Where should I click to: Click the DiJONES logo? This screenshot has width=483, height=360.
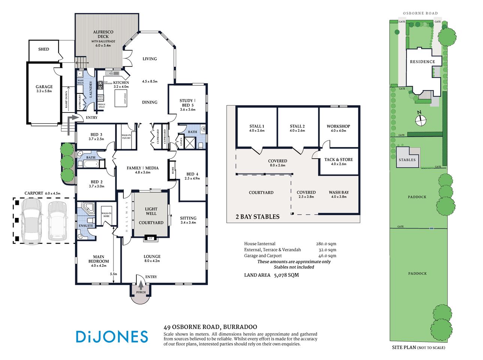click(x=112, y=336)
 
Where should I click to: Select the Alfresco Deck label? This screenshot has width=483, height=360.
click(x=103, y=34)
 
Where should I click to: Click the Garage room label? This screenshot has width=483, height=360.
click(x=44, y=87)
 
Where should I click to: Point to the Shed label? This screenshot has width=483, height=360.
click(x=43, y=49)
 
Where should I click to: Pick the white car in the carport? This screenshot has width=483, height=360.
click(x=57, y=221)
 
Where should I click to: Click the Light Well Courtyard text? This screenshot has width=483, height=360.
click(x=151, y=216)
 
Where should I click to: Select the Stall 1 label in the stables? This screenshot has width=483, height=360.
click(x=257, y=126)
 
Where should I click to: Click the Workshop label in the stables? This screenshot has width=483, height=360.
click(x=338, y=126)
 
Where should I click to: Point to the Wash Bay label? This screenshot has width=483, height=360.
click(x=339, y=192)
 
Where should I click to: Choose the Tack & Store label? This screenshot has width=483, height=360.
click(x=339, y=159)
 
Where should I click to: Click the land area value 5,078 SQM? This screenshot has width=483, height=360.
click(x=286, y=275)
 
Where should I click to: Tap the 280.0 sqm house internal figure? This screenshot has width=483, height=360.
click(x=326, y=244)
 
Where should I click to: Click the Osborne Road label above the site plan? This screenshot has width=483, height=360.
click(x=420, y=13)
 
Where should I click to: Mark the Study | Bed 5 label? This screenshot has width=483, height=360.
click(x=187, y=103)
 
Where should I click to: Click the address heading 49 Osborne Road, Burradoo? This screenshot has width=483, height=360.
click(x=210, y=327)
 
